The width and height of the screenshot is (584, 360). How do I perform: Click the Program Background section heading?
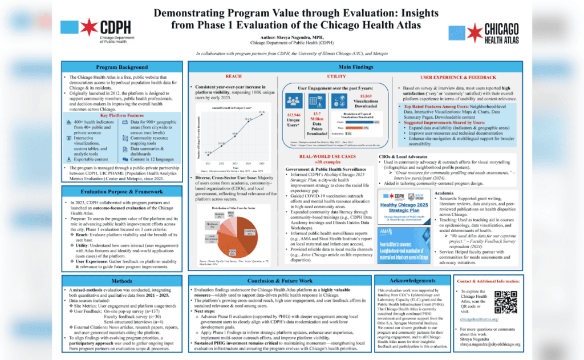(x=121, y=67)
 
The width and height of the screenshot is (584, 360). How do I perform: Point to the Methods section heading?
(x=121, y=281)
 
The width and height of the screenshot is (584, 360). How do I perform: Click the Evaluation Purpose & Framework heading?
(x=121, y=192)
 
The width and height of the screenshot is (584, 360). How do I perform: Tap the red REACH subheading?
(x=234, y=76)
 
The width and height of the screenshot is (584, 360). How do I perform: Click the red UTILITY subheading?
(x=336, y=76)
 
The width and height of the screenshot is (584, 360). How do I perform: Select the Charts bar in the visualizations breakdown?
(x=362, y=122)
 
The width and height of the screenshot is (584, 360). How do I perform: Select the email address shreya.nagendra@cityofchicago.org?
(x=494, y=344)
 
